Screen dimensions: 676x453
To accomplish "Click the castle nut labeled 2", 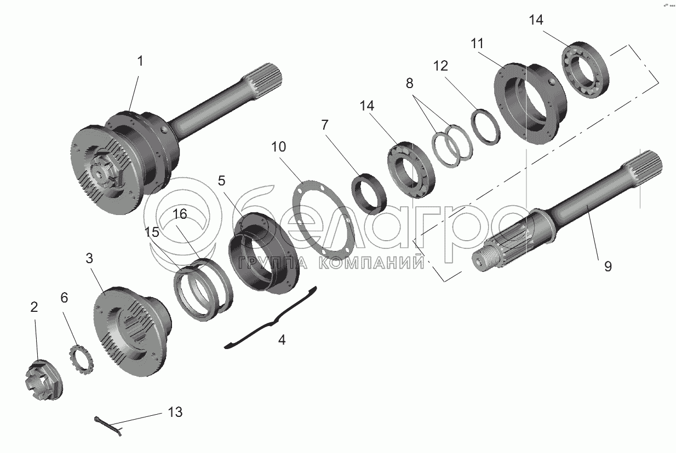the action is click(x=44, y=380).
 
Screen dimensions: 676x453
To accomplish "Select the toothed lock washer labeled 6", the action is click(x=81, y=360).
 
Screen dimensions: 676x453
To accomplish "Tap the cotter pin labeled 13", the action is click(x=108, y=426).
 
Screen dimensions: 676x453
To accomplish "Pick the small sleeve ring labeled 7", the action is click(x=369, y=194).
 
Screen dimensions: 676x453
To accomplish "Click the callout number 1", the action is click(x=140, y=61).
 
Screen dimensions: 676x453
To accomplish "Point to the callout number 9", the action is click(x=608, y=267).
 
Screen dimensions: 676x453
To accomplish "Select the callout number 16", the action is click(x=180, y=214).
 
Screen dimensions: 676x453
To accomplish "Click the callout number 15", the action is click(x=152, y=232).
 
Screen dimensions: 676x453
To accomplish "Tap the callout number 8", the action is click(x=410, y=83).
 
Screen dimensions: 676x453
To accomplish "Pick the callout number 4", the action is click(x=282, y=340).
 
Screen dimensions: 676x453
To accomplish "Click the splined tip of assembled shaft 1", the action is click(x=266, y=78).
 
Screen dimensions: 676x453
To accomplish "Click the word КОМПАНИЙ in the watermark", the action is click(x=371, y=263).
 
